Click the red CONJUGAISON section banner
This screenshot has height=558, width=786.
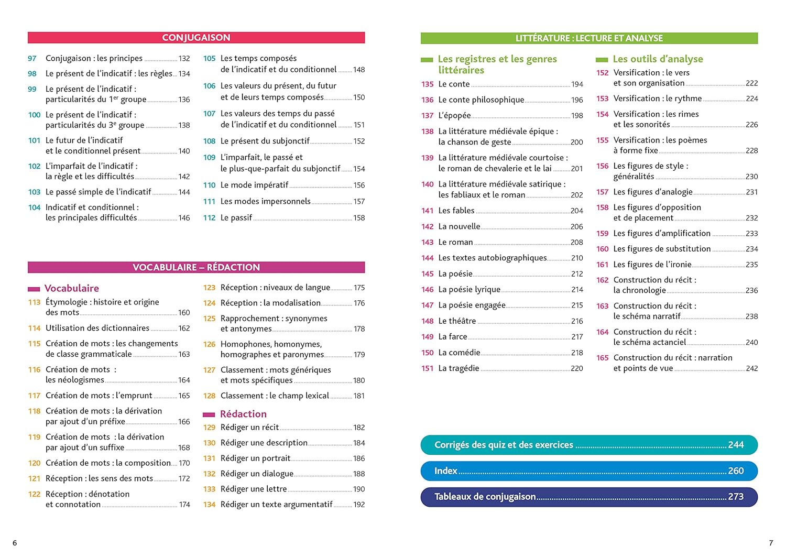point(196,38)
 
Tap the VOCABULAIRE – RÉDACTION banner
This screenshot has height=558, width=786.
point(196,267)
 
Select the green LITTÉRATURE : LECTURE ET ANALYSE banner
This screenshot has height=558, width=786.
point(589,38)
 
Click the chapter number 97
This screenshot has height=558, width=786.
point(32,58)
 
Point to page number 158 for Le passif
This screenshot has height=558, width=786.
point(359,218)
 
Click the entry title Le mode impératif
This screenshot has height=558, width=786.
point(254,185)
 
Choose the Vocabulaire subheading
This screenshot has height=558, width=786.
point(72,288)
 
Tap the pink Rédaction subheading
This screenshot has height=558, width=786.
point(243,414)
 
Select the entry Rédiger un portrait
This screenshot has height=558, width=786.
point(255,458)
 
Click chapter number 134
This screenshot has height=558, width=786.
point(209,505)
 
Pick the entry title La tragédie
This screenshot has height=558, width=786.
point(458,368)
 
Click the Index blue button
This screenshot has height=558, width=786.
point(589,471)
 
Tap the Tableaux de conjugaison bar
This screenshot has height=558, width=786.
point(589,497)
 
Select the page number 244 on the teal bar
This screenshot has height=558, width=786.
point(736,445)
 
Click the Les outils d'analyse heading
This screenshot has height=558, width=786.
point(658,59)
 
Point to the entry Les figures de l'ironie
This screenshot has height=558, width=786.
point(652,265)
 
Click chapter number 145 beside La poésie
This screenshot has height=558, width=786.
point(428,274)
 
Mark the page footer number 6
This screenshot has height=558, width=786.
point(15,543)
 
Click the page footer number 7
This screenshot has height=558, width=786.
point(771,543)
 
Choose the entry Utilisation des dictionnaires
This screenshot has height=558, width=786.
point(97,328)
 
